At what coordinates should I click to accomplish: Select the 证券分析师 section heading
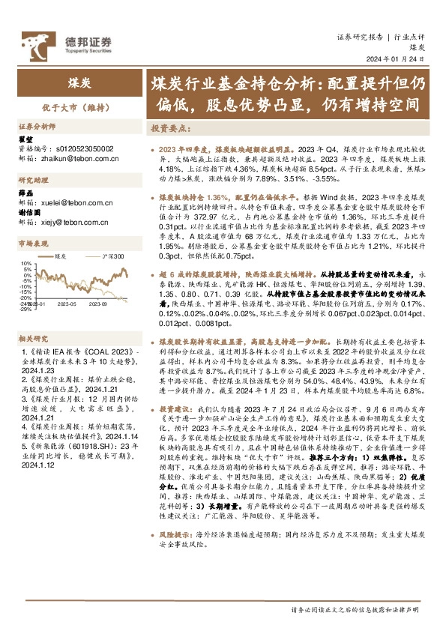point(37,128)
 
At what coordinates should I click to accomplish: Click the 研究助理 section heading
point(33,181)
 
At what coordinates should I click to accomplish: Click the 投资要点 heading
point(172,128)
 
